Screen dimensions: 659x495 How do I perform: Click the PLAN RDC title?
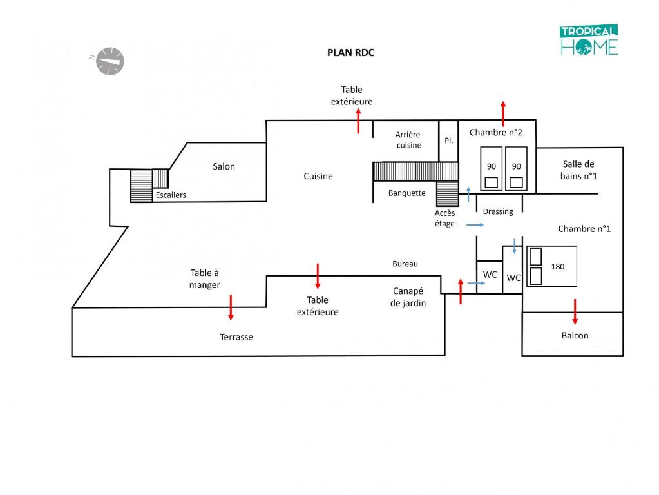point(350,53)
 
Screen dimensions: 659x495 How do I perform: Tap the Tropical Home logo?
point(589,39)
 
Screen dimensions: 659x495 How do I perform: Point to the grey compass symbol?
point(110,61)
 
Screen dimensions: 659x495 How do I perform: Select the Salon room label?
point(224,166)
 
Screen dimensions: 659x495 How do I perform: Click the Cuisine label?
point(318,176)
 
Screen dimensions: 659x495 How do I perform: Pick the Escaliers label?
point(171,195)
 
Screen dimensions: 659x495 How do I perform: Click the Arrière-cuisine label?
point(409,140)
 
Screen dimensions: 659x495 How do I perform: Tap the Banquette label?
point(407,193)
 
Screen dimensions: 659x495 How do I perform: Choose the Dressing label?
point(498,211)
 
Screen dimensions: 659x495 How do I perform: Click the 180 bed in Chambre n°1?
point(552,266)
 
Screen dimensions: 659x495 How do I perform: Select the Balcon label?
point(575,335)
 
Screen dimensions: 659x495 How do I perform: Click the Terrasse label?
point(236,337)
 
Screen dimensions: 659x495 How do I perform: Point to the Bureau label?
point(405,264)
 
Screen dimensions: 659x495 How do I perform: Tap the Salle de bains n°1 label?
point(578,170)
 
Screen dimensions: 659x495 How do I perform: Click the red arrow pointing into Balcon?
point(575,312)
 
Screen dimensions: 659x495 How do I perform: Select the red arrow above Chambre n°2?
point(503,113)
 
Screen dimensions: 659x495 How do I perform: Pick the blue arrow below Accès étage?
point(475,225)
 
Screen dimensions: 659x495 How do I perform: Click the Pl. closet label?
point(449,141)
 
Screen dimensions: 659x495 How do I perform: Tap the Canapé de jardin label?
point(408,297)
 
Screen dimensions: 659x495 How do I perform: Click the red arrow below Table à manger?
point(231,308)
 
